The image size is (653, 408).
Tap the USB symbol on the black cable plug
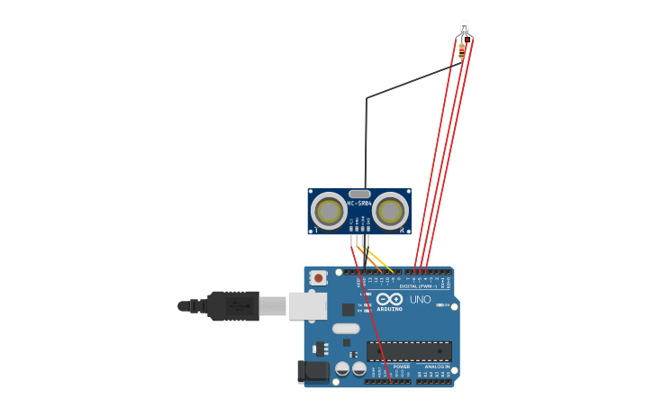coord(238,306)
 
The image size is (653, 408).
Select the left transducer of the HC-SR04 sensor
coord(329,212)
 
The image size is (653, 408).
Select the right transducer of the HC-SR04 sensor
coord(390,212)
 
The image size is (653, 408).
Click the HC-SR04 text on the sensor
coord(359,204)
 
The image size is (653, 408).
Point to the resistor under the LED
coord(462,50)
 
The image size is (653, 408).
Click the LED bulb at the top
coord(464,27)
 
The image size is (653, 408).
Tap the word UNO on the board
coord(421,299)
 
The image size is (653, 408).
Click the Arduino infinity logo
coord(390,299)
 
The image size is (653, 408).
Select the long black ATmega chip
coord(409,351)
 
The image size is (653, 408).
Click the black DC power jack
coord(313,370)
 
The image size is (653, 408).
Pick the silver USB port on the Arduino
coord(307,306)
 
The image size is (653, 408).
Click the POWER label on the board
coord(402,367)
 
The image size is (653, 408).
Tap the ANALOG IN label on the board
coord(437,367)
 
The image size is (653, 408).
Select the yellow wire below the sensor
coord(382,263)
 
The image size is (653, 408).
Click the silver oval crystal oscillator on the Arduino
coord(346,329)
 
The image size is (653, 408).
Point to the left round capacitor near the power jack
coord(342,369)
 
